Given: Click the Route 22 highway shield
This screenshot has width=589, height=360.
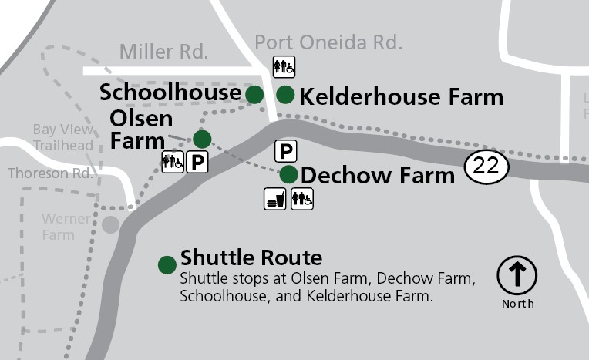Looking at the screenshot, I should pyautogui.click(x=486, y=167).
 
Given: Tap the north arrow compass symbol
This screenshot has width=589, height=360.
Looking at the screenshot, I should pyautogui.click(x=517, y=275).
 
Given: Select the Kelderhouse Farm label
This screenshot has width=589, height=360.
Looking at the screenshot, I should pyautogui.click(x=401, y=97).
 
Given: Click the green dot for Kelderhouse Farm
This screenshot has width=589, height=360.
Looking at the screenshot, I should pyautogui.click(x=285, y=95).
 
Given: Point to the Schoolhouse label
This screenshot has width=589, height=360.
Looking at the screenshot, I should pyautogui.click(x=170, y=93).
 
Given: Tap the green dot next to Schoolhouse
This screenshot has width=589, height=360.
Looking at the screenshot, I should pyautogui.click(x=254, y=94).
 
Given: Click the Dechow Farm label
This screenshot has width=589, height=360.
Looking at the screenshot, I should pyautogui.click(x=378, y=176).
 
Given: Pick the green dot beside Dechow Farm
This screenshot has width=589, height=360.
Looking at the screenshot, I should pyautogui.click(x=288, y=174).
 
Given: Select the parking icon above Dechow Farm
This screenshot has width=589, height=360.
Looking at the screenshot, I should pyautogui.click(x=285, y=151).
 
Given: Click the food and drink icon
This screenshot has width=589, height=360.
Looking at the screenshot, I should pyautogui.click(x=275, y=199).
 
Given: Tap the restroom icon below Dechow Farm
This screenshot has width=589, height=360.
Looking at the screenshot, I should pyautogui.click(x=302, y=199).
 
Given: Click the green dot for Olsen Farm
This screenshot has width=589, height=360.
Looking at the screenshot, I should pyautogui.click(x=202, y=139).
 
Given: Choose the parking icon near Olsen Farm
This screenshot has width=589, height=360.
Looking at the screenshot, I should pyautogui.click(x=198, y=162).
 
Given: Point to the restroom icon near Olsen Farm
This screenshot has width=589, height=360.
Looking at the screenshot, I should pyautogui.click(x=173, y=162).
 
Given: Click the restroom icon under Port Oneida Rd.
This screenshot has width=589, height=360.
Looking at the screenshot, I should pyautogui.click(x=284, y=66).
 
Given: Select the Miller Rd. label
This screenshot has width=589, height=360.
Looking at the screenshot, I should pyautogui.click(x=163, y=52).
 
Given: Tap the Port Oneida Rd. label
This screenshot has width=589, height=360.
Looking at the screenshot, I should pyautogui.click(x=328, y=42).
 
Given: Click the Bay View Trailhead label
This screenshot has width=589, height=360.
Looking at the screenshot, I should pyautogui.click(x=63, y=137).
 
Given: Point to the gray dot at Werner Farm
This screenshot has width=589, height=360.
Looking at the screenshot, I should pyautogui.click(x=111, y=224).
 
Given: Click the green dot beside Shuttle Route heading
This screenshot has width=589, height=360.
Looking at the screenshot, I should pyautogui.click(x=167, y=265).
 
